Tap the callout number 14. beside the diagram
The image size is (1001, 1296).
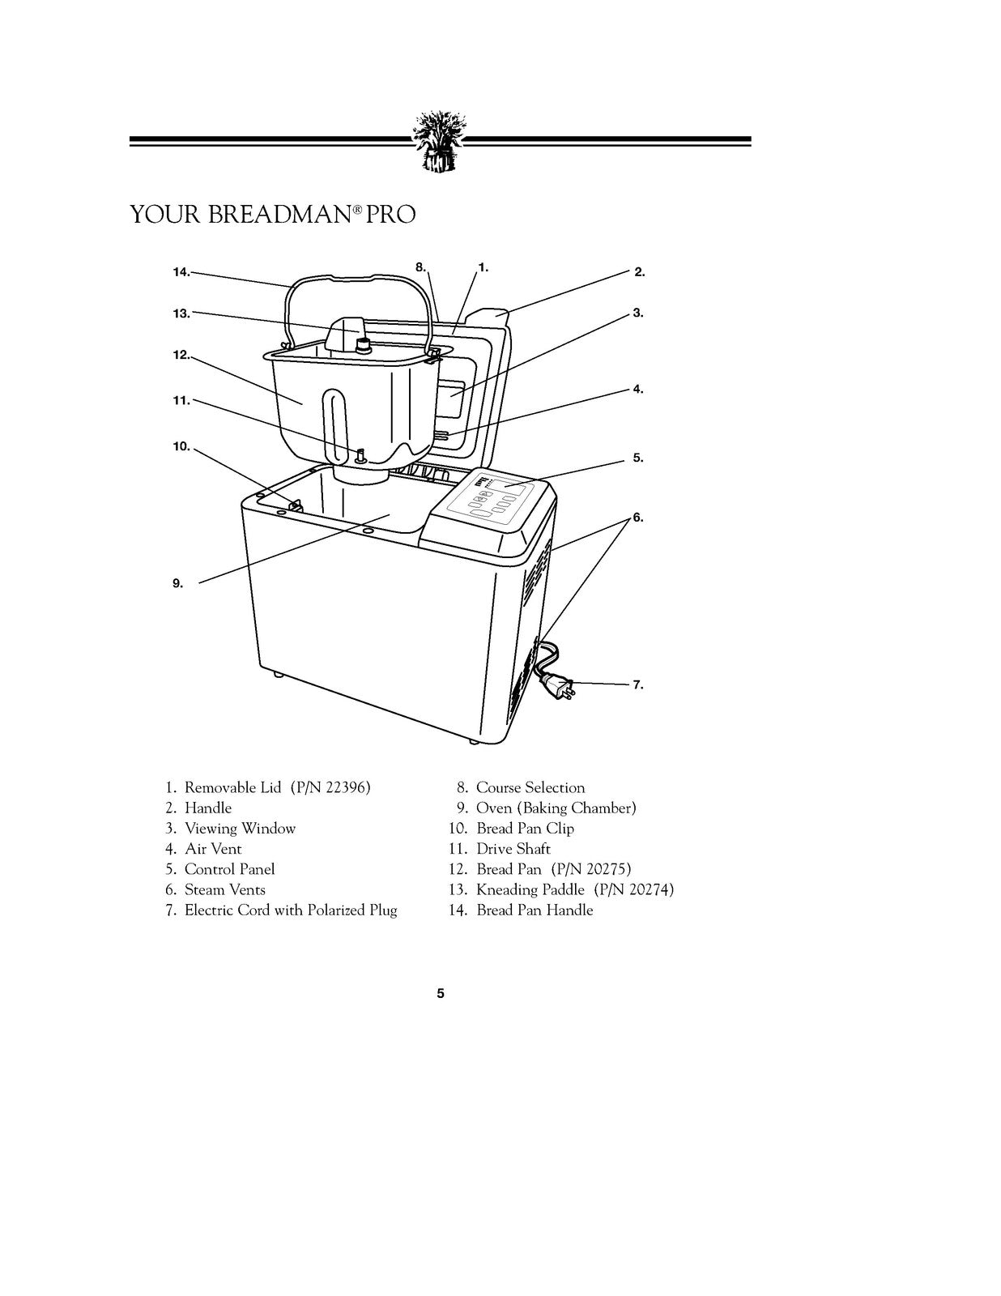(181, 272)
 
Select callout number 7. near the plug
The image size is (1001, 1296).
(638, 684)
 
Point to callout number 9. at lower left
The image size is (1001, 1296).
(177, 582)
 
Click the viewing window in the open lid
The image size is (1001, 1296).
(451, 399)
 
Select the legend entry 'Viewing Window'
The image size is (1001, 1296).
(240, 828)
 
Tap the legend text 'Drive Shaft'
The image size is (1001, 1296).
(513, 848)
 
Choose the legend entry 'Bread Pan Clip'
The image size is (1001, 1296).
(525, 828)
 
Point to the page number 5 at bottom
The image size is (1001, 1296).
(441, 993)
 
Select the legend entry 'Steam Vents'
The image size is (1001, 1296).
(224, 889)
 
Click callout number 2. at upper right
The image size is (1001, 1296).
(639, 272)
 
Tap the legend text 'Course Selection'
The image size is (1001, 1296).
(530, 787)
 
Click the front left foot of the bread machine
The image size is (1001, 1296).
(278, 674)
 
